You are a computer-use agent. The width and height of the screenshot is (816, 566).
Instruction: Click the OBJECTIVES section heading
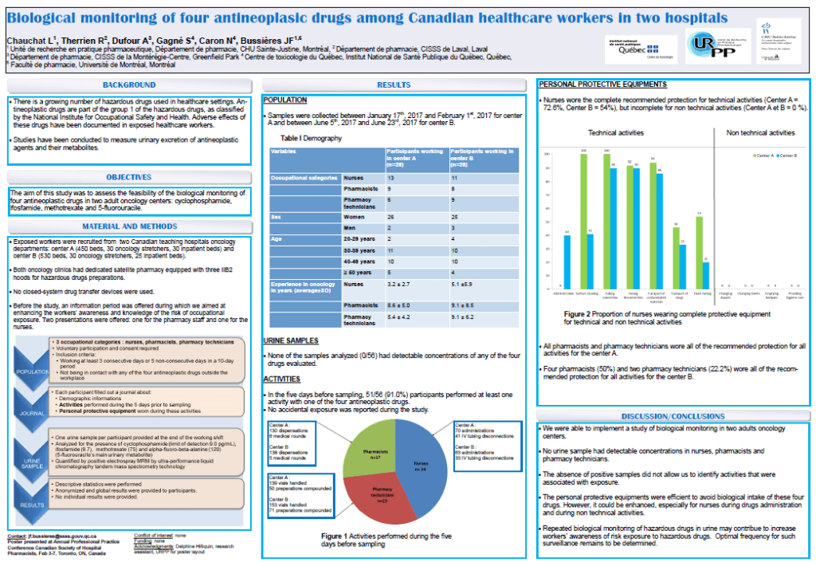point(129,176)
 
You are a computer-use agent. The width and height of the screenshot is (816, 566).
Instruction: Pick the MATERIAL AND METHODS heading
point(129,226)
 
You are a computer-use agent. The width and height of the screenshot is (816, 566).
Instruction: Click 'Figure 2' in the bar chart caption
point(576,314)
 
